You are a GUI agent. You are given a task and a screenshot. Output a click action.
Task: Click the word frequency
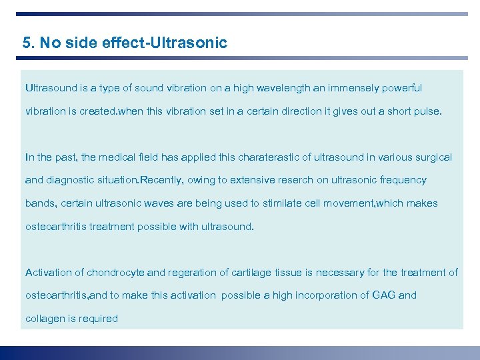pyautogui.click(x=403, y=181)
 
